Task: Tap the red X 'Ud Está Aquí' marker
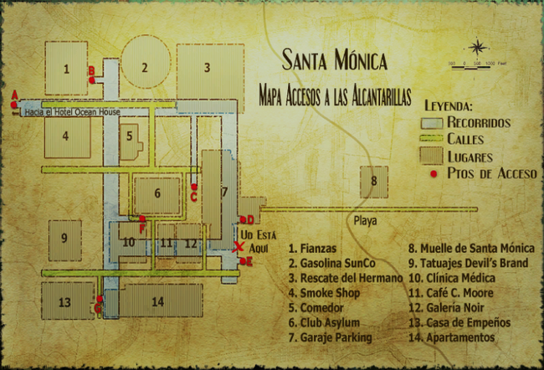[x=239, y=247]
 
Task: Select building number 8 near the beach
[x=375, y=182]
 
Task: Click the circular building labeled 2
[x=145, y=68]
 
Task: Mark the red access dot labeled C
[x=193, y=188]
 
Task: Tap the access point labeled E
[x=242, y=262]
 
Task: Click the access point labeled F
[x=142, y=219]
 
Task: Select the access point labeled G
[x=100, y=299]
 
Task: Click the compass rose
[x=477, y=48]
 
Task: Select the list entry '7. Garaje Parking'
[x=330, y=337]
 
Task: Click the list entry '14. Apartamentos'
[x=452, y=337]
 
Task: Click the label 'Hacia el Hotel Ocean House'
[x=72, y=112]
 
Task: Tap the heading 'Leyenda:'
[x=449, y=107]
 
